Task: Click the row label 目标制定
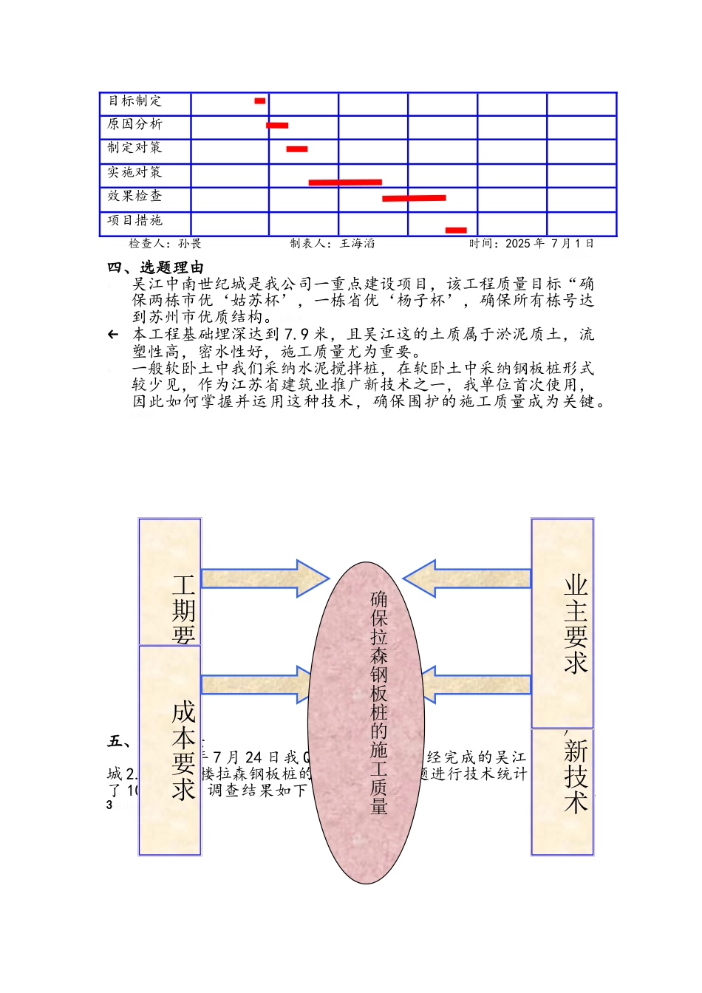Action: click(134, 101)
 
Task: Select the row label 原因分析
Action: click(134, 124)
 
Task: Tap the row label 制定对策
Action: click(134, 148)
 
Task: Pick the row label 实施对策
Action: click(134, 172)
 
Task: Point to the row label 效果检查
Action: click(134, 196)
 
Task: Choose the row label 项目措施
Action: click(134, 220)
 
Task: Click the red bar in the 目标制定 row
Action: click(259, 100)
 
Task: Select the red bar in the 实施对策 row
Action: click(345, 182)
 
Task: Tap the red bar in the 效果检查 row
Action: click(414, 198)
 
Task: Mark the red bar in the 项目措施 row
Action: click(456, 231)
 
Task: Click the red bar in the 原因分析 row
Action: click(277, 126)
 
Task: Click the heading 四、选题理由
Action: click(155, 267)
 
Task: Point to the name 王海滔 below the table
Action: click(357, 243)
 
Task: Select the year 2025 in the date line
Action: click(517, 243)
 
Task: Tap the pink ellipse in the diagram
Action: click(366, 723)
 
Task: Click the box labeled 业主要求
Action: click(562, 623)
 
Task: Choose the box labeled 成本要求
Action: click(169, 750)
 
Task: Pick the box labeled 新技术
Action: click(562, 791)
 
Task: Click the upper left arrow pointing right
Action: click(264, 579)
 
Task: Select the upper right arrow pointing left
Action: click(468, 579)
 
